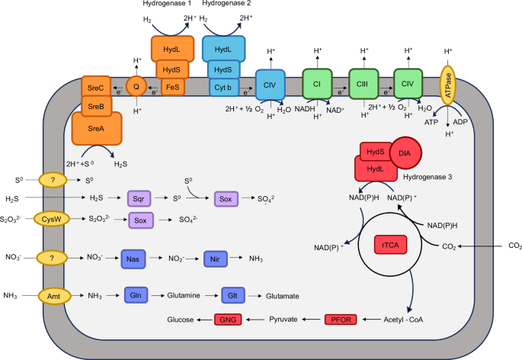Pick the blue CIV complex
[270, 84]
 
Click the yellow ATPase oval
[452, 85]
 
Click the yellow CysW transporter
[51, 220]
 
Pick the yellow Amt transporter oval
[50, 295]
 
